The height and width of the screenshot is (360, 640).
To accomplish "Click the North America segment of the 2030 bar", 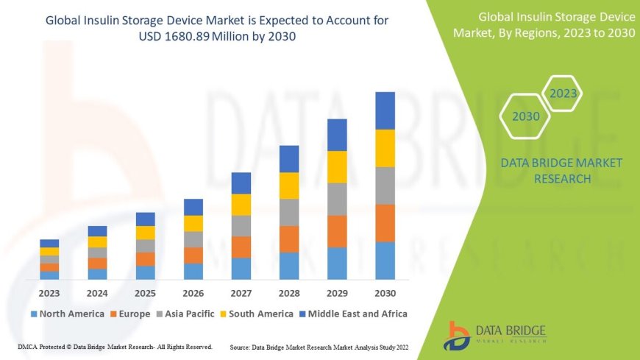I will click(x=385, y=261).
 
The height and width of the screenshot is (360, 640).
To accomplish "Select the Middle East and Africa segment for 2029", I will click(x=337, y=135).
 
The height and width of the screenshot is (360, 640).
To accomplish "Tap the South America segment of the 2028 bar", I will click(x=289, y=186).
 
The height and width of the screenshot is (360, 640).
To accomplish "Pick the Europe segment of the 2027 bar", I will click(x=241, y=247).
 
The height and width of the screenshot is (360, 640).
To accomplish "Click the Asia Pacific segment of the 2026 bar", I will click(x=193, y=239).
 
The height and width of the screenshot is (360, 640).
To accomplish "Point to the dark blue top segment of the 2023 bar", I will click(x=49, y=243).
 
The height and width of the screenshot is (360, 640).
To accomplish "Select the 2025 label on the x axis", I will click(x=145, y=292).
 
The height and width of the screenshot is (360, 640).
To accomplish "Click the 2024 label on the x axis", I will click(x=97, y=292).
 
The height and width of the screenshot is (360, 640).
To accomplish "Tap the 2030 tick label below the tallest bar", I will click(x=385, y=292).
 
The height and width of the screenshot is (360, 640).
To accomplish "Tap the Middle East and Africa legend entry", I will click(x=354, y=314).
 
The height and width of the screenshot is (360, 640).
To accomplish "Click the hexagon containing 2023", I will click(x=563, y=93).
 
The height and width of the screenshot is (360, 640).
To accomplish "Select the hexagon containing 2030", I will click(x=525, y=116).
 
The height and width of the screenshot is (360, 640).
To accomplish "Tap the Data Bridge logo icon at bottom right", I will click(x=458, y=336).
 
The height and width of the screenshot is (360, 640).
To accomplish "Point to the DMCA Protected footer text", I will click(x=115, y=346).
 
